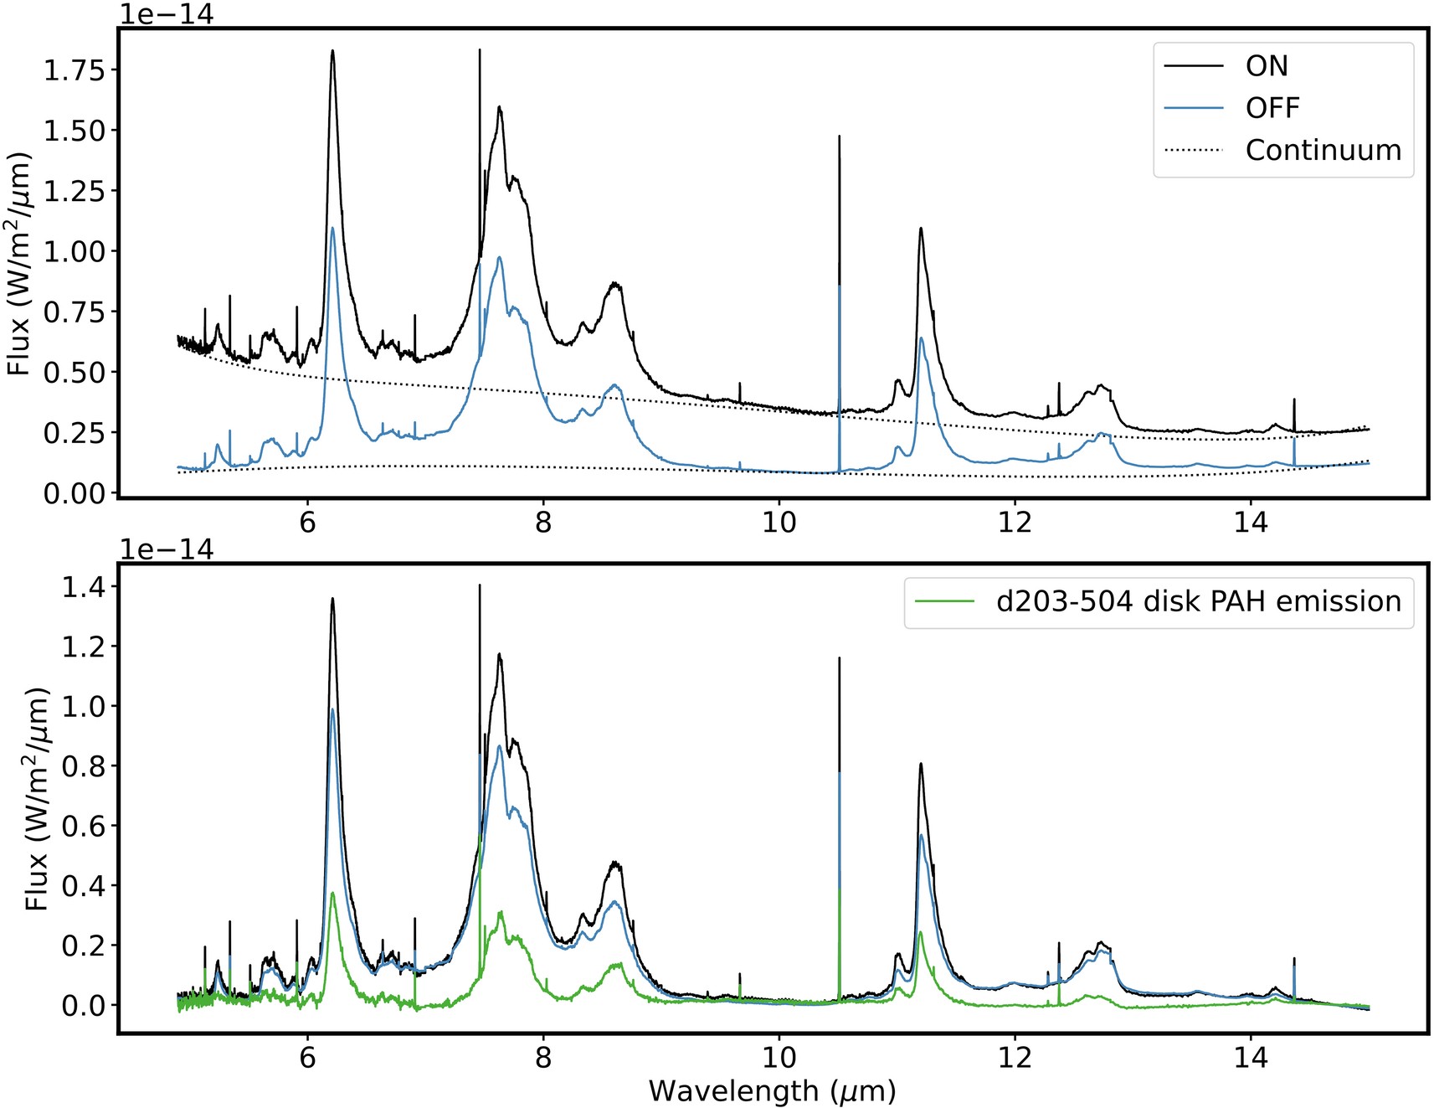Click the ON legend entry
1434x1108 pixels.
[1266, 66]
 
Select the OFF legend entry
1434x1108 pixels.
[1272, 108]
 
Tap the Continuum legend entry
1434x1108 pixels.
[1323, 151]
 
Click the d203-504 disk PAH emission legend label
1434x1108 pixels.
[1198, 601]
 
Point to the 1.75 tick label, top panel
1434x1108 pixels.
[75, 70]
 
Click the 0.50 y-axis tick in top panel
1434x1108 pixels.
[75, 373]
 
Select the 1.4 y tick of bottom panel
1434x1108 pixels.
[84, 588]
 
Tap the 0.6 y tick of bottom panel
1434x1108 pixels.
[84, 827]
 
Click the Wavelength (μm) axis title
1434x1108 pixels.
[772, 1090]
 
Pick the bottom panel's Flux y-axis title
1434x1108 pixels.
[39, 799]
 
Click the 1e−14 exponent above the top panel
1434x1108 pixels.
[167, 14]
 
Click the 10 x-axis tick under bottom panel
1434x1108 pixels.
[779, 1057]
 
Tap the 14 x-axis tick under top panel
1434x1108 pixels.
[1251, 522]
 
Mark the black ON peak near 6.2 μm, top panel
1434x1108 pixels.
[332, 52]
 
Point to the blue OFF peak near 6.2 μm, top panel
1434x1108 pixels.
[332, 228]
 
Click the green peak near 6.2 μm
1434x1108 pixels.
[332, 894]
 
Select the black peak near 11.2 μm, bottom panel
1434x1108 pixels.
[921, 764]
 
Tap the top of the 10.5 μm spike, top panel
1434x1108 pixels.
[839, 137]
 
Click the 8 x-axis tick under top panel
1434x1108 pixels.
[543, 522]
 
